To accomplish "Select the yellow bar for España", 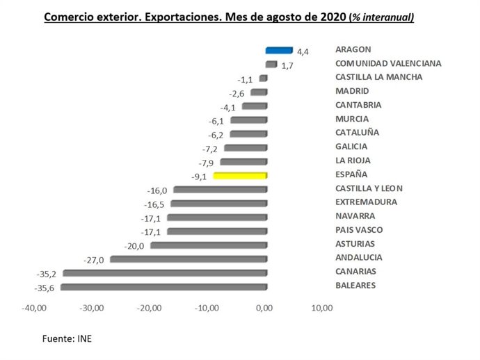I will [x=240, y=176].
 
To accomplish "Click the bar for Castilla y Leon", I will [x=221, y=190].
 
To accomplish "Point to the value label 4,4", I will [x=303, y=51].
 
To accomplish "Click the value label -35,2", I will [x=48, y=274].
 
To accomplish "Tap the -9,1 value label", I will [x=198, y=177].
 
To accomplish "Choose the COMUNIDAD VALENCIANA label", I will [x=388, y=63].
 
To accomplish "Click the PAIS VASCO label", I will [x=359, y=230].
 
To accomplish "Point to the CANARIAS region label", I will [x=356, y=272].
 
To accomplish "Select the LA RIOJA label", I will [x=355, y=161].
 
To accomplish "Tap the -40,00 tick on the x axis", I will [x=34, y=308].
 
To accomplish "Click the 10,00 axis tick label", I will [x=321, y=308].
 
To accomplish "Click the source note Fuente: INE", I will [x=67, y=338].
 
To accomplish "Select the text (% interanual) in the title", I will [x=381, y=17].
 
